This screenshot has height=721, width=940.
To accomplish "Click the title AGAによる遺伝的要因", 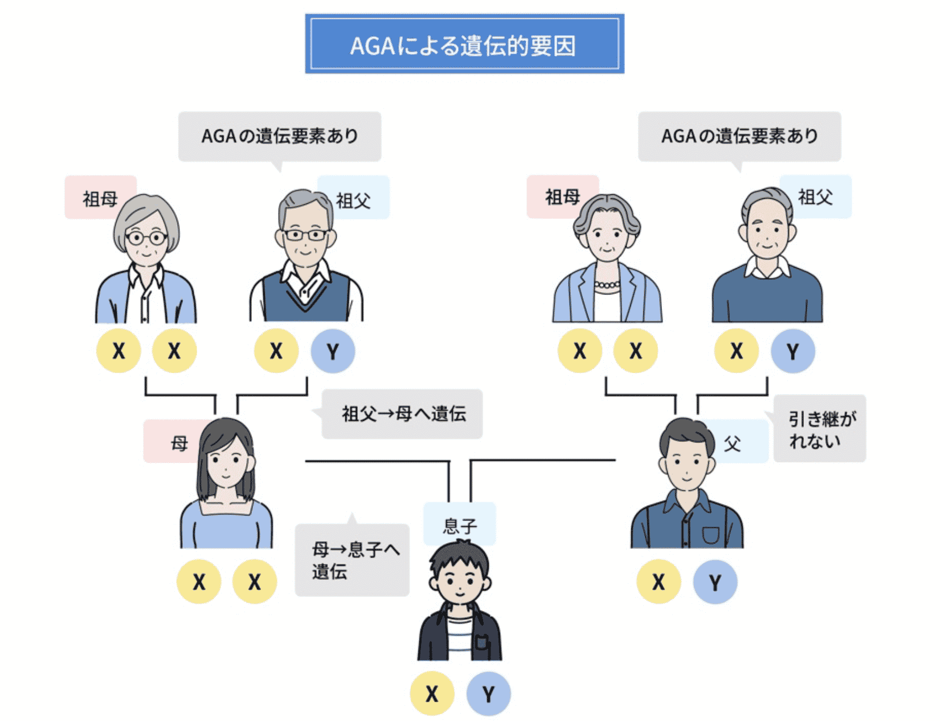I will point(464,44).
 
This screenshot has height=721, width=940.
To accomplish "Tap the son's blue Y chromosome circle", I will point(488,694).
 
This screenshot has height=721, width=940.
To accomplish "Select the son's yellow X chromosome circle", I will point(432,694).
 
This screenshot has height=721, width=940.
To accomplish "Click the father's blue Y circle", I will point(715,581).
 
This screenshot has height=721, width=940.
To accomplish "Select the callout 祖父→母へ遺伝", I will point(403,414).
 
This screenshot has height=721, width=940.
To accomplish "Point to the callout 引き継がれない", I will point(820,429).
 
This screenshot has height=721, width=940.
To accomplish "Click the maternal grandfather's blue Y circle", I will point(333,351).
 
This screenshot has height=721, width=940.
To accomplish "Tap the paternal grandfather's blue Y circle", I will point(792,351).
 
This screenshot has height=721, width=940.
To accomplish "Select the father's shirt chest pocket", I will point(710,535).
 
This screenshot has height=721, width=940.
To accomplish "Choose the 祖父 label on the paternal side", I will point(816,197).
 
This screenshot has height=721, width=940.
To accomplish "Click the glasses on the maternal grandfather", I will point(305,235).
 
